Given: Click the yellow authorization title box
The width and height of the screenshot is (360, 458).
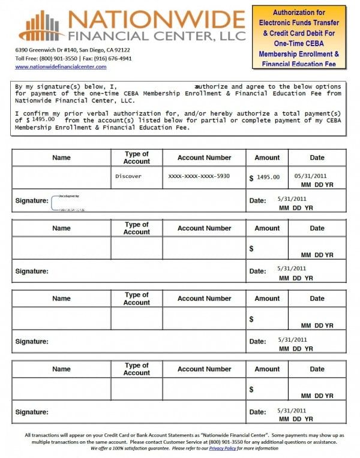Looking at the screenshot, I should click(299, 37).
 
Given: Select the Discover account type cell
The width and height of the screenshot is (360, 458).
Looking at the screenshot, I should click(128, 177).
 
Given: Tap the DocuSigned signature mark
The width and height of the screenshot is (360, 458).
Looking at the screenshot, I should click(67, 203).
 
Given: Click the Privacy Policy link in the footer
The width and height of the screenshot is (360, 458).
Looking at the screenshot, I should click(222, 448).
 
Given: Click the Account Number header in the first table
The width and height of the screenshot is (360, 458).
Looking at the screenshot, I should click(204, 158).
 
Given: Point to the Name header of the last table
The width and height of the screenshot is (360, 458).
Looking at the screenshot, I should click(61, 369).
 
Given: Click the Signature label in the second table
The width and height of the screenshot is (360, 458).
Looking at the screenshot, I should click(32, 272).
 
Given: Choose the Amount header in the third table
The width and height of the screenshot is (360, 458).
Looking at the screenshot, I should click(267, 299).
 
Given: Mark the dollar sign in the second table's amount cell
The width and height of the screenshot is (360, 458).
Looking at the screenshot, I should click(251, 248).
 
